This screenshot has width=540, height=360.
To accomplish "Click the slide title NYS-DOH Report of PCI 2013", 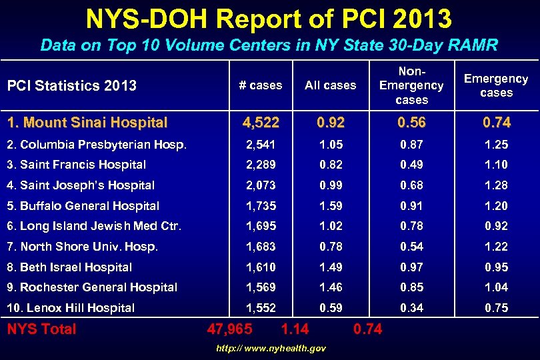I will tap(269, 19).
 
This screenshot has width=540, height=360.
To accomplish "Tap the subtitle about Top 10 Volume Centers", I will tap(269, 45).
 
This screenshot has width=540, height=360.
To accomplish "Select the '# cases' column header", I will tap(261, 85).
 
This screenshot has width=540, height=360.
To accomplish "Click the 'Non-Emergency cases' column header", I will tap(411, 85).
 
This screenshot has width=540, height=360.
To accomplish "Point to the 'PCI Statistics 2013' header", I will tap(71, 85).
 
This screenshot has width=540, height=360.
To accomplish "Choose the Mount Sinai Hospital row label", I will tap(87, 123).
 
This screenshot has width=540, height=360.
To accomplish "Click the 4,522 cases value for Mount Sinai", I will tap(261, 123).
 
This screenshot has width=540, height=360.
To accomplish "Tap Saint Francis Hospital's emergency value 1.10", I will tap(496, 165).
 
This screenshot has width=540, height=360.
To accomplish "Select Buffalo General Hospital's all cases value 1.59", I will tap(331, 206).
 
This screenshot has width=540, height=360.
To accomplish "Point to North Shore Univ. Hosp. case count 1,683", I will tap(261, 247).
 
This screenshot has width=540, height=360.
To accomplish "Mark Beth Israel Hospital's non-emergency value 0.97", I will tap(411, 267).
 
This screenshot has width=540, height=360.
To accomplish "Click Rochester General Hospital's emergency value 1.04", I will tap(496, 287).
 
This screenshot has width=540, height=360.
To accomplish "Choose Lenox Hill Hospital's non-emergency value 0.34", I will tap(411, 308).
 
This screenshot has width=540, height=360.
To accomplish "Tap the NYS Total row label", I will tap(41, 329).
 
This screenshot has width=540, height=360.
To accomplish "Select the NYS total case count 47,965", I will tap(230, 329).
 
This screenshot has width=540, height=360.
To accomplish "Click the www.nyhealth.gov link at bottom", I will tap(271, 349).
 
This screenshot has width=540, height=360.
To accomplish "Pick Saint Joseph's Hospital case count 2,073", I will tap(261, 185).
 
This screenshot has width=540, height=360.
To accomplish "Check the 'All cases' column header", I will tap(331, 85).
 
